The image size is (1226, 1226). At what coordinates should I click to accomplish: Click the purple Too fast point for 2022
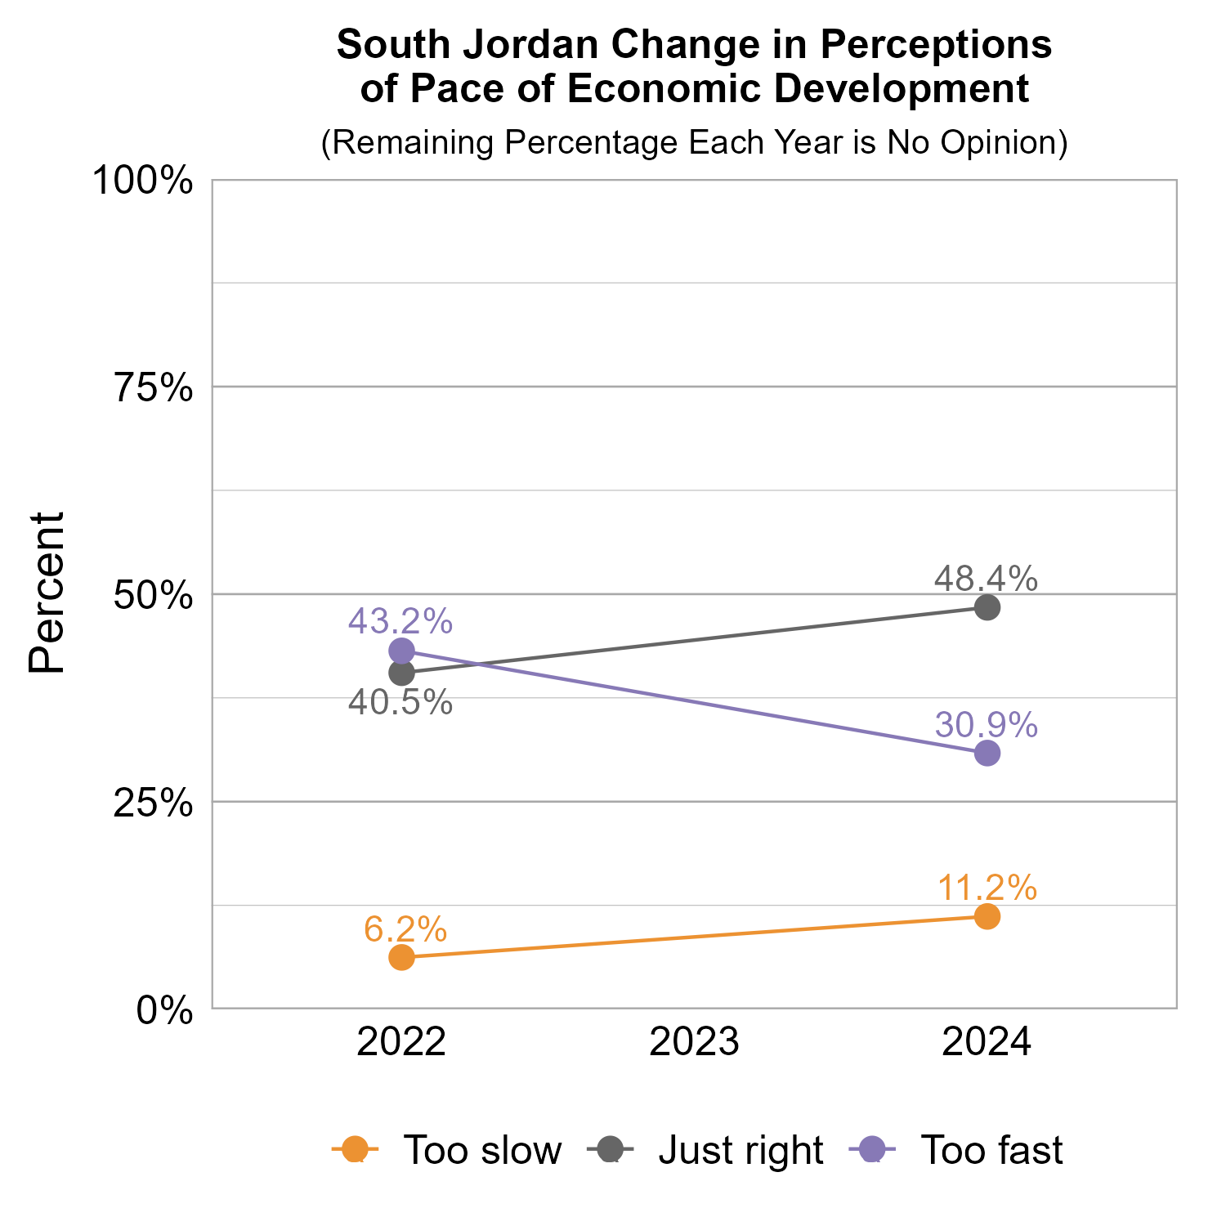401,651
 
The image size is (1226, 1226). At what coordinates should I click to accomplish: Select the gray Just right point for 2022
401,673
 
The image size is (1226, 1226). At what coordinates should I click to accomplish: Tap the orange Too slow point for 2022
401,957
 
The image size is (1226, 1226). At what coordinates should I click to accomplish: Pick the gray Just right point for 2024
987,607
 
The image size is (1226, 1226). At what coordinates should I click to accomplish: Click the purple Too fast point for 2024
987,753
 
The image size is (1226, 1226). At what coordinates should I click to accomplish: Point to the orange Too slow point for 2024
987,916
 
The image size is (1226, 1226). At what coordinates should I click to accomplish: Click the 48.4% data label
986,579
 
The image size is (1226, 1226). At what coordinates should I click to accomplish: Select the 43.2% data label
400,621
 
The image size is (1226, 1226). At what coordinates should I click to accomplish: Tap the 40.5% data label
400,703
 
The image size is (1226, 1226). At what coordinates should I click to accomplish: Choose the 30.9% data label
986,725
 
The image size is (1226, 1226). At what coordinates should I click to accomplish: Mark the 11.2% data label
987,888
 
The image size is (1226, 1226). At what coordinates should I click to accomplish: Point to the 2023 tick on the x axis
694,1044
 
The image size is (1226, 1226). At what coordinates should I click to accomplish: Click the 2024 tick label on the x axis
987,1044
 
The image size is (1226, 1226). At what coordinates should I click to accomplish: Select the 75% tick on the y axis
154,388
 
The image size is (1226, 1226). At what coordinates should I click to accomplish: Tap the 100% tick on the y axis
143,181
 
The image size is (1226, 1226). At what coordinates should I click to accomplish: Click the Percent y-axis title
47,593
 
